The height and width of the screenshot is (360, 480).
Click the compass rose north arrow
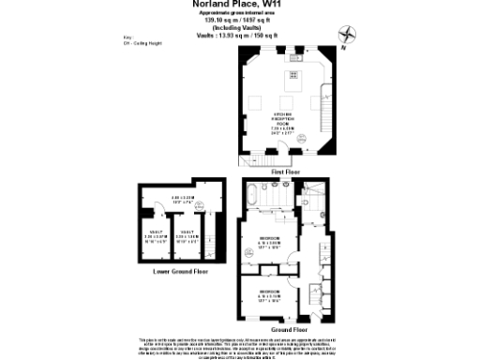point(352,35)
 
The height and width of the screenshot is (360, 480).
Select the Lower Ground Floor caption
point(180,271)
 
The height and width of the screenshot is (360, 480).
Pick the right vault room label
point(187,236)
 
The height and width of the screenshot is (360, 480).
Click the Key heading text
point(127,38)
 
